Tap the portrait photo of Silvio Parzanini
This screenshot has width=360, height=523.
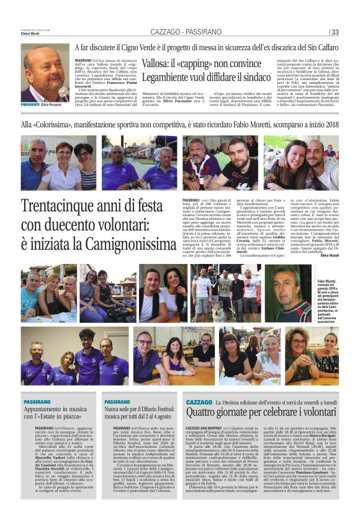(x=45, y=75)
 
